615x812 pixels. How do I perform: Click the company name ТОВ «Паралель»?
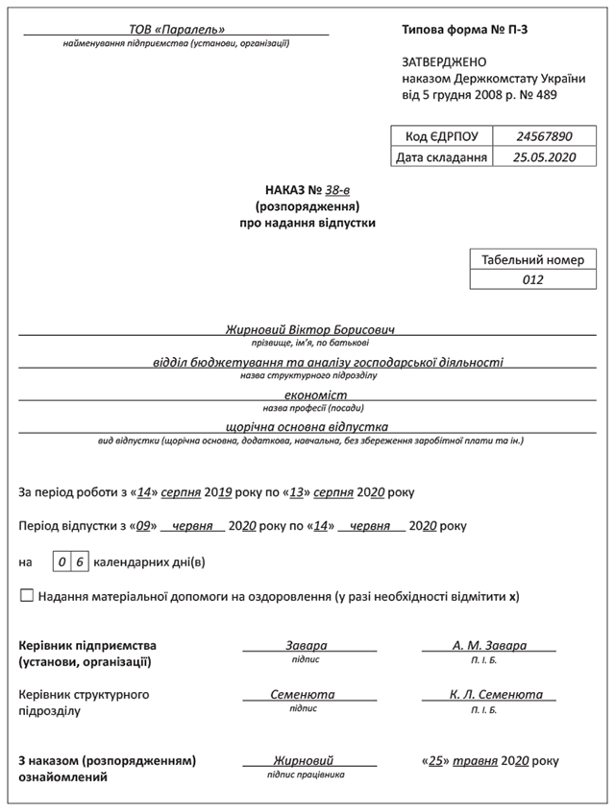pos(177,30)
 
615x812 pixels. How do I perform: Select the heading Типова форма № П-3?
pos(465,30)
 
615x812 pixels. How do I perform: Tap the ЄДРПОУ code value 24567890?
pos(543,136)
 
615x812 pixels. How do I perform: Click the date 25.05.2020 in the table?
pos(543,157)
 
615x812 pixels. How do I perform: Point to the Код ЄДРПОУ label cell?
pos(441,136)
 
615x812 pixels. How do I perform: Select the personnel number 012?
pos(534,280)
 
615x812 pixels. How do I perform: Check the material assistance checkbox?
pos(26,595)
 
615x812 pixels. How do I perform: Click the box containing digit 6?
pos(80,561)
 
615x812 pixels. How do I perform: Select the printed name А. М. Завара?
pos(489,646)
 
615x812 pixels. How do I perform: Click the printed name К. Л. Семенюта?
pos(495,694)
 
